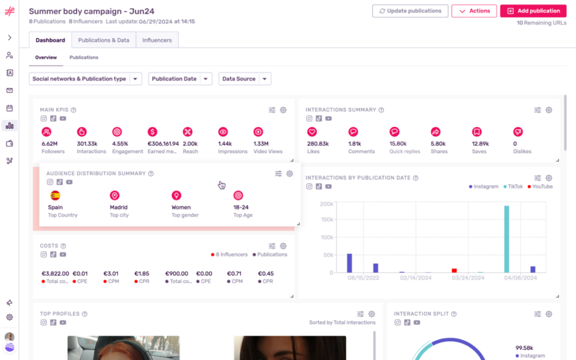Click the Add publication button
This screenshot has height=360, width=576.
pos(533,11)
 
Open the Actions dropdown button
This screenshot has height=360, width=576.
pos(474,11)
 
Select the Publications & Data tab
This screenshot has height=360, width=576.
pos(104,40)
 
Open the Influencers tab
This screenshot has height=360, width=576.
pos(157,40)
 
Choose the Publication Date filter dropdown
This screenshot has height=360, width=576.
pos(180,79)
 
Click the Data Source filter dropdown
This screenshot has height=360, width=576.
pos(245,79)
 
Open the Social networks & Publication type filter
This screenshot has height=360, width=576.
pos(85,79)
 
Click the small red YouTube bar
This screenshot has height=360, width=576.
pos(454,271)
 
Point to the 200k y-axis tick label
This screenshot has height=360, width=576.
pos(326,204)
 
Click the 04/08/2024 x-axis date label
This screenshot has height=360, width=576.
pos(519,278)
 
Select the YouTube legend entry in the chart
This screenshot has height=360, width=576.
pos(540,186)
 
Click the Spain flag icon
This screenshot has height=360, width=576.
pos(55,195)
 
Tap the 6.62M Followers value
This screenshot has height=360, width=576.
pos(50,144)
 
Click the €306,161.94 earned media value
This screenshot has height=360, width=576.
pos(162,144)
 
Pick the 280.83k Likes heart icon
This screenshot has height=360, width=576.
pos(312,132)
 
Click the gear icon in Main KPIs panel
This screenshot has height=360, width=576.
pos(283,110)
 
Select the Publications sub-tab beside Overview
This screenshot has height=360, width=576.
pos(84,58)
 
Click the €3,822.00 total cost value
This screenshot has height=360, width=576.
pos(55,274)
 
